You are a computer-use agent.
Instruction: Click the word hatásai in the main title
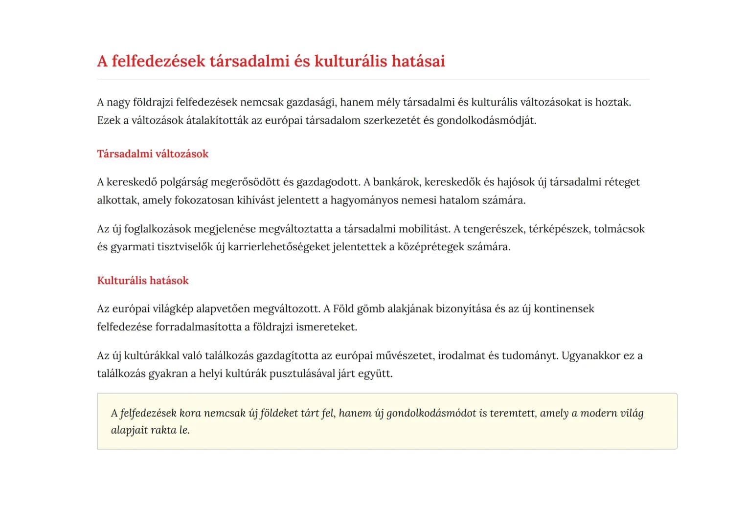tap(418, 61)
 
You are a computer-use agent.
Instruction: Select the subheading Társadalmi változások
tap(153, 154)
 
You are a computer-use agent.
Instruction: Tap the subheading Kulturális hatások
tap(143, 281)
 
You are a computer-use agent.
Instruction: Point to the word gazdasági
tap(311, 102)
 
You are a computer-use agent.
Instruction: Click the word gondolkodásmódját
tap(486, 121)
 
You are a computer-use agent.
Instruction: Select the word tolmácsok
tap(619, 229)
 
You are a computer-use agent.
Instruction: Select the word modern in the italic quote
tap(598, 413)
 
